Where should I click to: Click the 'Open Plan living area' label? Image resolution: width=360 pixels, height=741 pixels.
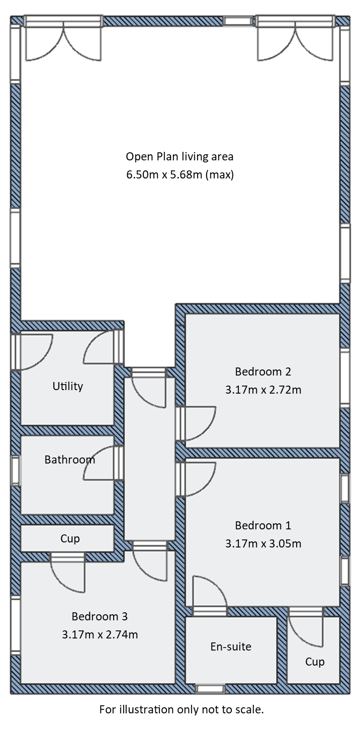click(179, 156)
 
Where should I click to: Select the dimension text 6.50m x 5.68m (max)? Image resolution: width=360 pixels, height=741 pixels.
click(179, 175)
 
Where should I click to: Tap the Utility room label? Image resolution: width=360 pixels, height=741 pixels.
click(68, 386)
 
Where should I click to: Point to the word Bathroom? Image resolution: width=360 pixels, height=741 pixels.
click(69, 459)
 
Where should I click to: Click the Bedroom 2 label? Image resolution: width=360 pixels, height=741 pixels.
click(263, 372)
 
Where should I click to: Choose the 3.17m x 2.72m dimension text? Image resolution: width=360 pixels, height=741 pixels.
click(263, 390)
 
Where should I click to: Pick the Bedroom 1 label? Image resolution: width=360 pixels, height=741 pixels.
click(263, 526)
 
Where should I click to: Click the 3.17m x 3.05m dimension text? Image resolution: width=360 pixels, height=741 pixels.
click(263, 543)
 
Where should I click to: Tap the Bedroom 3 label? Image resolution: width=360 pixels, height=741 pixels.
click(100, 616)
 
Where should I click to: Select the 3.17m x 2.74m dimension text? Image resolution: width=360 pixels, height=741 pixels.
click(100, 634)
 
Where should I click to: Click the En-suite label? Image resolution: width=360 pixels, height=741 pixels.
click(231, 646)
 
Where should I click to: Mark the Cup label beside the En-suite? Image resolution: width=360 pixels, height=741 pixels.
click(315, 662)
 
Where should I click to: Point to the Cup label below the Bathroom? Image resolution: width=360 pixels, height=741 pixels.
click(70, 538)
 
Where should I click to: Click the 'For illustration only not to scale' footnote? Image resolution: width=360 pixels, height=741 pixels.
click(181, 710)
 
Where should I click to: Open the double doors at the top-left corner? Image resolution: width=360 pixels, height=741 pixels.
click(63, 40)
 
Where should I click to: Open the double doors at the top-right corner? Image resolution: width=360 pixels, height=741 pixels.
click(296, 40)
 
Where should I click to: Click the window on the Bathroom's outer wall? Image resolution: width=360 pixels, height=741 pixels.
click(16, 471)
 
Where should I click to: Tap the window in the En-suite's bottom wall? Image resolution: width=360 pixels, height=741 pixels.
click(210, 689)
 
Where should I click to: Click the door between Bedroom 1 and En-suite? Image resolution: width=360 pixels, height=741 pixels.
click(209, 596)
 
